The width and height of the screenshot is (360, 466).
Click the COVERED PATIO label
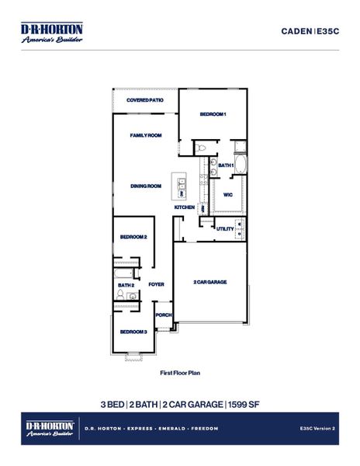click(x=145, y=100)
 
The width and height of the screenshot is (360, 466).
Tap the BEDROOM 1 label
click(x=213, y=114)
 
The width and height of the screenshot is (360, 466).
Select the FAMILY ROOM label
click(x=145, y=135)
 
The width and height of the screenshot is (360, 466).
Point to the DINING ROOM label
click(x=145, y=186)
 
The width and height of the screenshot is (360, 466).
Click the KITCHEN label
click(x=184, y=207)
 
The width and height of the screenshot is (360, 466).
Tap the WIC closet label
click(x=228, y=194)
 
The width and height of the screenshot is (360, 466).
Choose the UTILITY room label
click(x=225, y=228)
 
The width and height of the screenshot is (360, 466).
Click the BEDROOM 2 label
click(x=133, y=237)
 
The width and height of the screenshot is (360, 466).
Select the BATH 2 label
click(x=126, y=285)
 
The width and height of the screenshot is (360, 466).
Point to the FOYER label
click(x=157, y=284)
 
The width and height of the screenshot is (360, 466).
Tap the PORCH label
click(x=163, y=315)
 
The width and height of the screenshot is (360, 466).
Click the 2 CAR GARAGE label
click(x=209, y=282)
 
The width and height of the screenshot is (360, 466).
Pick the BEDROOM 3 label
click(x=133, y=332)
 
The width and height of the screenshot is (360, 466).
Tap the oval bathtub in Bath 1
click(x=240, y=165)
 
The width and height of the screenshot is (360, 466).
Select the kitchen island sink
click(x=182, y=183)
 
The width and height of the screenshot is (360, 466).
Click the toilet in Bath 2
click(x=135, y=273)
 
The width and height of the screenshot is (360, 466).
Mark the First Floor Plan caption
click(x=180, y=374)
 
